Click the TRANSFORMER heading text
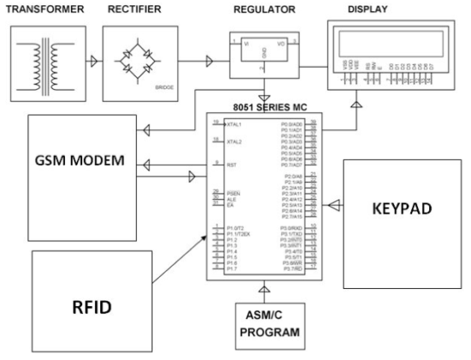45,9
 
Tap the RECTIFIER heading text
135,9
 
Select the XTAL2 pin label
226,141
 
